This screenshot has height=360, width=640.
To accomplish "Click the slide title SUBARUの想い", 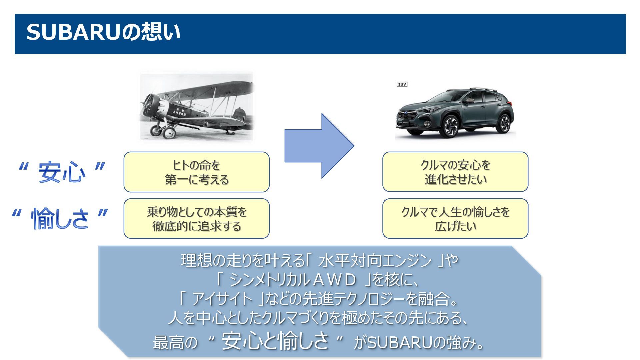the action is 103,33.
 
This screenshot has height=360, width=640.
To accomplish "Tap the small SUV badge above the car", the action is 402,84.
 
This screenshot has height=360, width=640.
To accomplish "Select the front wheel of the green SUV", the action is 451,126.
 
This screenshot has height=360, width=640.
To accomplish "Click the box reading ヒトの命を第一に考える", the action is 196,172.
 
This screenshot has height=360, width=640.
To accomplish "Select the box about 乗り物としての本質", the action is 196,219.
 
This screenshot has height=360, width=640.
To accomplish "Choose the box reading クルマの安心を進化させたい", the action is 455,172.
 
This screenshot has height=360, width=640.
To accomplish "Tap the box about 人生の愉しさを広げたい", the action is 455,219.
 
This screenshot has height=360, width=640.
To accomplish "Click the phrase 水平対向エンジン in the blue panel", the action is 375,261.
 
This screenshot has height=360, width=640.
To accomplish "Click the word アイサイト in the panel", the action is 222,299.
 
